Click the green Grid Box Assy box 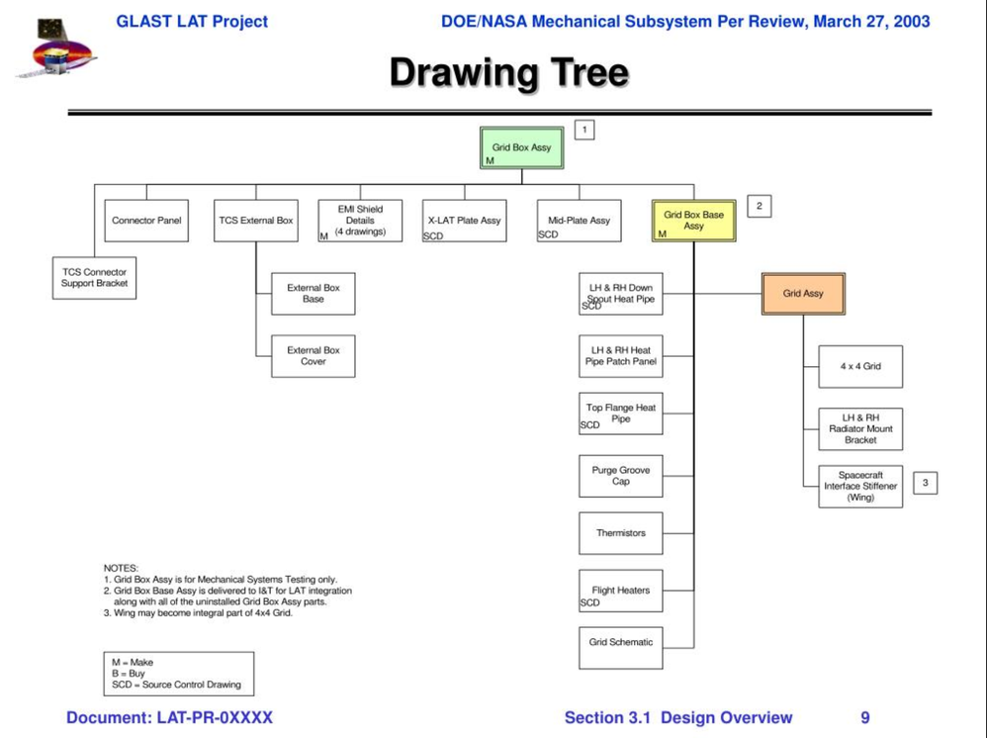pyautogui.click(x=521, y=148)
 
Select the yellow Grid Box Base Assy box pyautogui.click(x=693, y=222)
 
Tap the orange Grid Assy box pyautogui.click(x=803, y=294)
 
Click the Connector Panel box pyautogui.click(x=146, y=221)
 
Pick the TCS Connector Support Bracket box pyautogui.click(x=95, y=278)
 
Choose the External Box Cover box pyautogui.click(x=313, y=356)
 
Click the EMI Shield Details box pyautogui.click(x=360, y=221)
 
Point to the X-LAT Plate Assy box pyautogui.click(x=464, y=221)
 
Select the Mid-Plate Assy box pyautogui.click(x=579, y=221)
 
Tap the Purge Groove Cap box pyautogui.click(x=620, y=476)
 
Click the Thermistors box pyautogui.click(x=620, y=533)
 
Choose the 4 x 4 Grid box pyautogui.click(x=860, y=366)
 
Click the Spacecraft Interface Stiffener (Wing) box pyautogui.click(x=860, y=487)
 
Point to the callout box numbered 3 pyautogui.click(x=925, y=483)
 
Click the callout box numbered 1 pyautogui.click(x=584, y=130)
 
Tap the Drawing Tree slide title pyautogui.click(x=508, y=73)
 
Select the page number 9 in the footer pyautogui.click(x=864, y=717)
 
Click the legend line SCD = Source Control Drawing pyautogui.click(x=176, y=685)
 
